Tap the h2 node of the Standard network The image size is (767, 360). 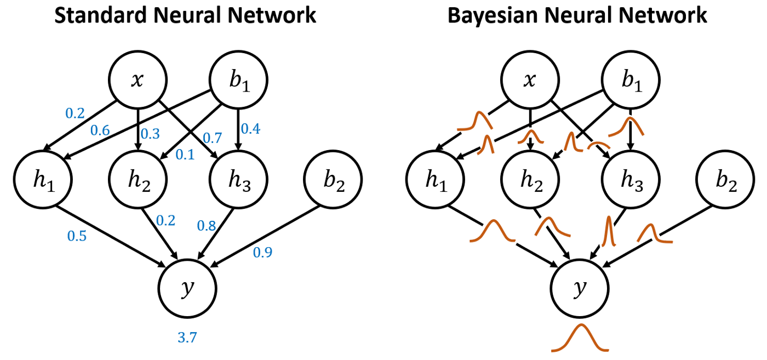tap(138, 180)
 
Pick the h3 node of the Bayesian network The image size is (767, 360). tap(630, 180)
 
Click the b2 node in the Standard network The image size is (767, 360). tap(333, 180)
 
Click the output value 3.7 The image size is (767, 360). tap(187, 338)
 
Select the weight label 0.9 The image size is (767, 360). tap(262, 252)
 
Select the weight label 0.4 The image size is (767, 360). tap(250, 129)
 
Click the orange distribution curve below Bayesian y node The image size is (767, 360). tap(580, 339)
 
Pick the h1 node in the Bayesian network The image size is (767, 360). tap(435, 180)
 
